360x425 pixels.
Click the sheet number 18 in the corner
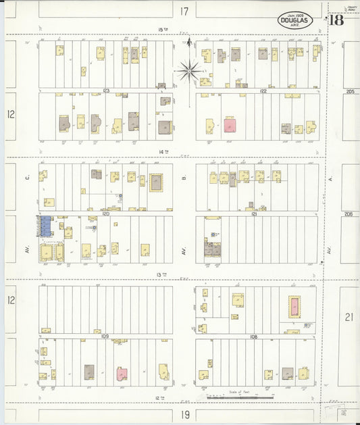pos(336,20)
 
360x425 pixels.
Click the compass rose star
pos(190,68)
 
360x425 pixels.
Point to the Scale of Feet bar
pos(240,398)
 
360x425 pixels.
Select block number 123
pos(106,91)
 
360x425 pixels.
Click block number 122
pos(263,91)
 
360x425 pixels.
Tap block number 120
pos(106,213)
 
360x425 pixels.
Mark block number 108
pos(253,336)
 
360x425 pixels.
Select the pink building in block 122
pos(230,125)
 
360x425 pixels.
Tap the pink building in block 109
pos(122,374)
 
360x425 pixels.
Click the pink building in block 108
pos(294,307)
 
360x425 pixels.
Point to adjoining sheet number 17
pos(184,11)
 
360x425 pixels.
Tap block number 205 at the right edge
pos(349,91)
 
